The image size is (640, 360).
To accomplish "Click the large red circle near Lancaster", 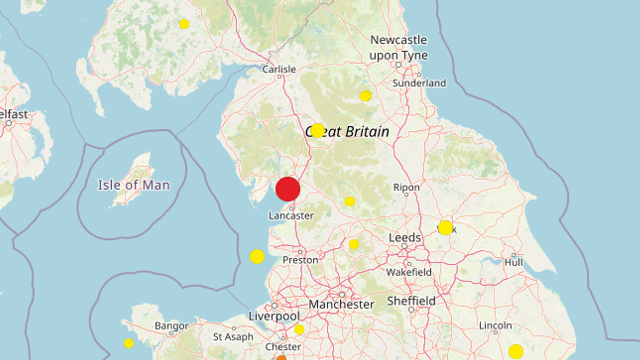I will click(288, 189).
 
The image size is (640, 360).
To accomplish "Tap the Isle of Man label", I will click(134, 185).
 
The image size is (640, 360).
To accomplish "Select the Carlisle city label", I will click(279, 69).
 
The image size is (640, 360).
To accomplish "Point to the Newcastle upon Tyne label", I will click(398, 47).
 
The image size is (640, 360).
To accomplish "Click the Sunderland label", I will click(419, 83).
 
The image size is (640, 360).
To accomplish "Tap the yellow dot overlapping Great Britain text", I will click(317, 130).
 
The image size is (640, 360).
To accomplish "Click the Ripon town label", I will click(406, 187).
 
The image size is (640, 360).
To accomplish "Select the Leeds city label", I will click(405, 238).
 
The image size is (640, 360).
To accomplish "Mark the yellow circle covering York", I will click(445, 228).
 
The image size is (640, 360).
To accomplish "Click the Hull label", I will click(514, 262).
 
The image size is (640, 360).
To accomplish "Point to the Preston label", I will click(300, 260).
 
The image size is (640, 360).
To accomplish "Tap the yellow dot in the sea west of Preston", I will click(257, 256).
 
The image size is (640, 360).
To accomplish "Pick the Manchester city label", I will click(342, 304).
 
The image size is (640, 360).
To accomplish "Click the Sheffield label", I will click(411, 301).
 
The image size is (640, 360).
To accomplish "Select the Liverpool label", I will click(274, 316).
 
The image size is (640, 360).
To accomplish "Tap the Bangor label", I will click(172, 326).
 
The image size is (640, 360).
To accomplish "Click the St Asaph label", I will click(233, 337).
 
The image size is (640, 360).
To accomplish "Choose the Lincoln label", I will click(495, 326).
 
